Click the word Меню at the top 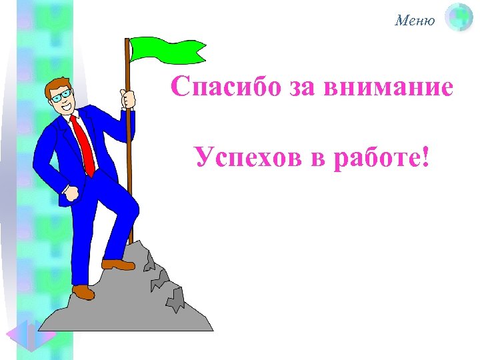(415, 21)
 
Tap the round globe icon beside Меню (459, 18)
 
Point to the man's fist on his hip (71, 193)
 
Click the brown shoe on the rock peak (119, 265)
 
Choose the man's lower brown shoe (83, 291)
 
